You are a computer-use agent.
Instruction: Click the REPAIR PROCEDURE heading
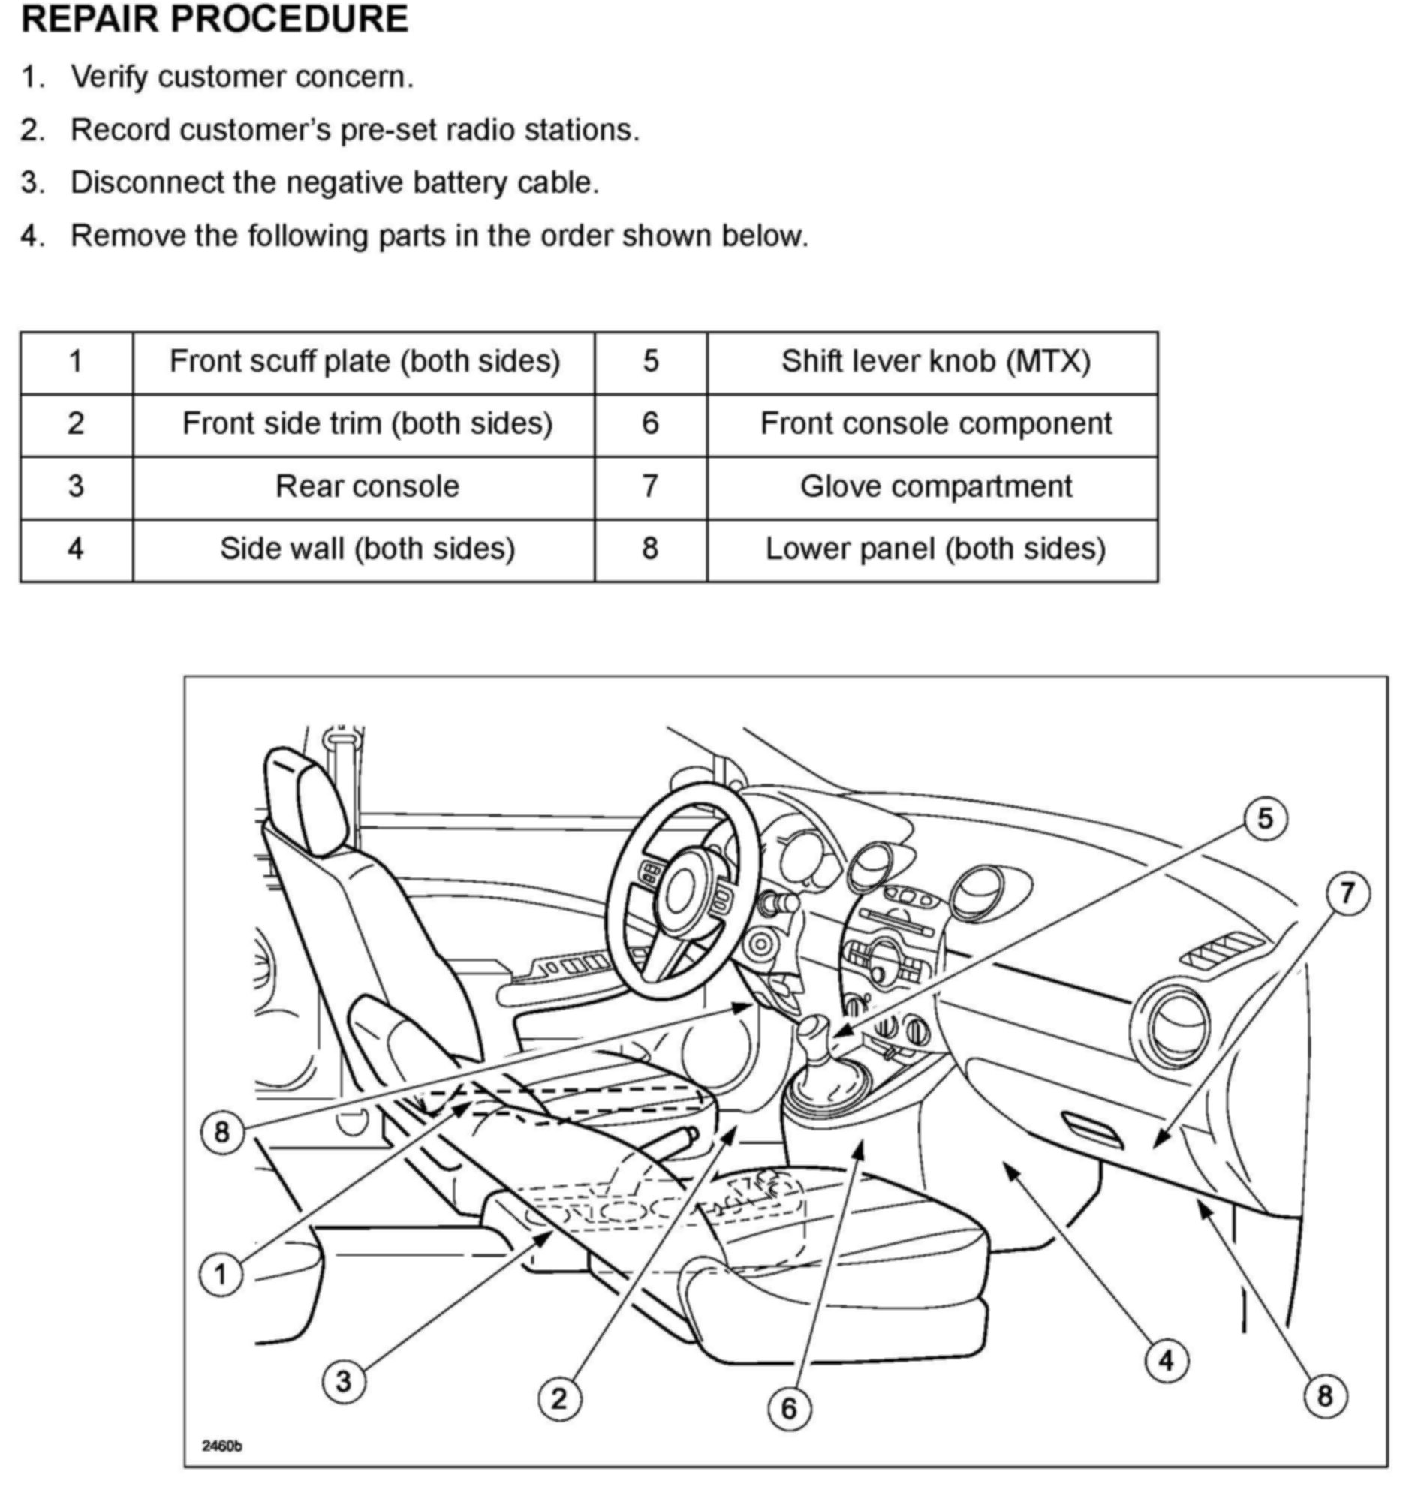pyautogui.click(x=215, y=20)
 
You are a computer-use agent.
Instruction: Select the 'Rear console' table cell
pyautogui.click(x=367, y=486)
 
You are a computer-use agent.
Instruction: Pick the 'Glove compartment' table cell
pyautogui.click(x=935, y=486)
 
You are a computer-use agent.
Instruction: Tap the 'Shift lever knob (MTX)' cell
pyautogui.click(x=935, y=361)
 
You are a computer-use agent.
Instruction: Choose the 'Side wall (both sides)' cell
pyautogui.click(x=367, y=549)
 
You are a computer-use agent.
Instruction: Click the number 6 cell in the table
pyautogui.click(x=650, y=423)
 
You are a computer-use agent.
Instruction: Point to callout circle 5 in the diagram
pyautogui.click(x=1265, y=818)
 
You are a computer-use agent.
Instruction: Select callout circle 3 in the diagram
pyautogui.click(x=344, y=1382)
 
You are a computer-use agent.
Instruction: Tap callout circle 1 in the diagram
pyautogui.click(x=221, y=1275)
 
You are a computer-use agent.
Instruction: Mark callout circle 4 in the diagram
pyautogui.click(x=1166, y=1361)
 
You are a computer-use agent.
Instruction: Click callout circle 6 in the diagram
pyautogui.click(x=788, y=1409)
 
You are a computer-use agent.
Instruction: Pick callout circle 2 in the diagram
pyautogui.click(x=559, y=1399)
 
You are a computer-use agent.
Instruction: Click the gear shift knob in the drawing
pyautogui.click(x=815, y=1037)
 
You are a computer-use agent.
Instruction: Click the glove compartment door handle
pyautogui.click(x=1092, y=1130)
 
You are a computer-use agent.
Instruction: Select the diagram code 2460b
pyautogui.click(x=221, y=1445)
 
